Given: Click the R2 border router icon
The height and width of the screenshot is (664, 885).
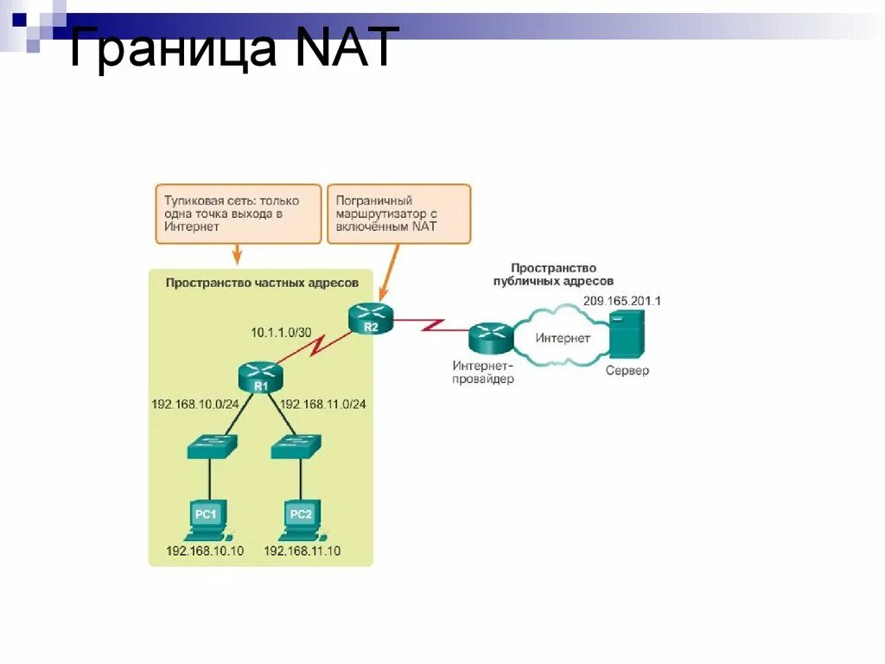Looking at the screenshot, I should (370, 319).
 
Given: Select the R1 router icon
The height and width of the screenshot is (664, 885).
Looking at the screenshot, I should (260, 378).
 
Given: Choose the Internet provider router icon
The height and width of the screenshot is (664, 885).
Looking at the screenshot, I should (491, 338).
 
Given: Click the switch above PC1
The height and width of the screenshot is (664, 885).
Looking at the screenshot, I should (210, 447).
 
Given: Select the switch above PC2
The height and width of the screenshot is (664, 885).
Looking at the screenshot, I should (296, 447).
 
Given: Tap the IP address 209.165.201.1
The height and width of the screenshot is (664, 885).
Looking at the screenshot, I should (621, 300).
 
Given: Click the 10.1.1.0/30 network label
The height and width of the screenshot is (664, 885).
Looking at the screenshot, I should (281, 331).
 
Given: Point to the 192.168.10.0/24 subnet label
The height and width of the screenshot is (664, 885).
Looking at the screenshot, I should (194, 404).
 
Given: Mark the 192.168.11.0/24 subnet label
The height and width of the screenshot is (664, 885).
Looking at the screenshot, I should (323, 404).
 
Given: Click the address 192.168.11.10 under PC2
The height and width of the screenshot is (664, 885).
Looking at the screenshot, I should (302, 551).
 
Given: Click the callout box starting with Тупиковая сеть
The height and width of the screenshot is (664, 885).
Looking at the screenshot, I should (237, 213).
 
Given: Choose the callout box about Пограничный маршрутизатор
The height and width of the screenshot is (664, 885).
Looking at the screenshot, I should (398, 213).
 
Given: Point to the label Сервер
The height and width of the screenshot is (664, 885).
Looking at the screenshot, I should (627, 371).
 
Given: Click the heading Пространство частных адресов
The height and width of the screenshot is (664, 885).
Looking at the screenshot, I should (262, 283).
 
